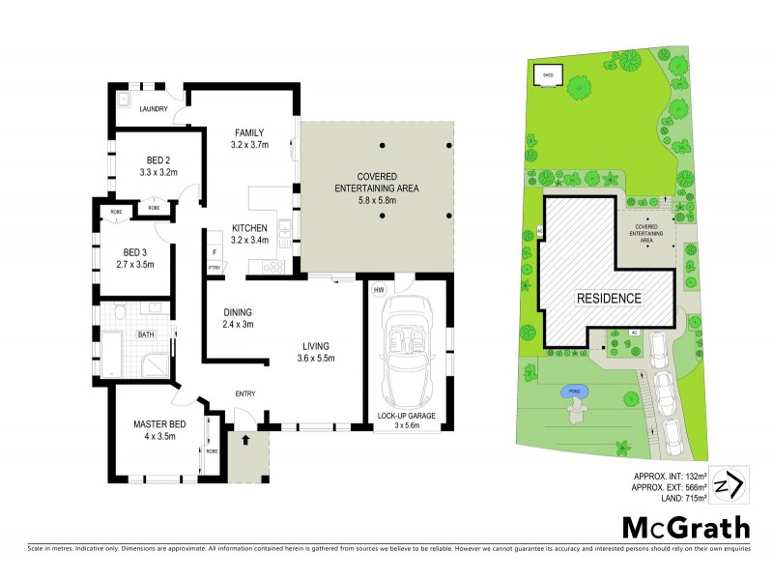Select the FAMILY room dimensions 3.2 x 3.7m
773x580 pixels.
coord(249,145)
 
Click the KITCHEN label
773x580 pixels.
coord(249,228)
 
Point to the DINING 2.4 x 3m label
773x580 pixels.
coord(239,318)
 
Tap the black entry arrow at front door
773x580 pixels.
coord(245,439)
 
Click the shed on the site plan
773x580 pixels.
coord(547,73)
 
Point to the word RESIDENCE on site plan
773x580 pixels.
coord(608,298)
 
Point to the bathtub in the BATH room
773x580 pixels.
coord(113,355)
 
